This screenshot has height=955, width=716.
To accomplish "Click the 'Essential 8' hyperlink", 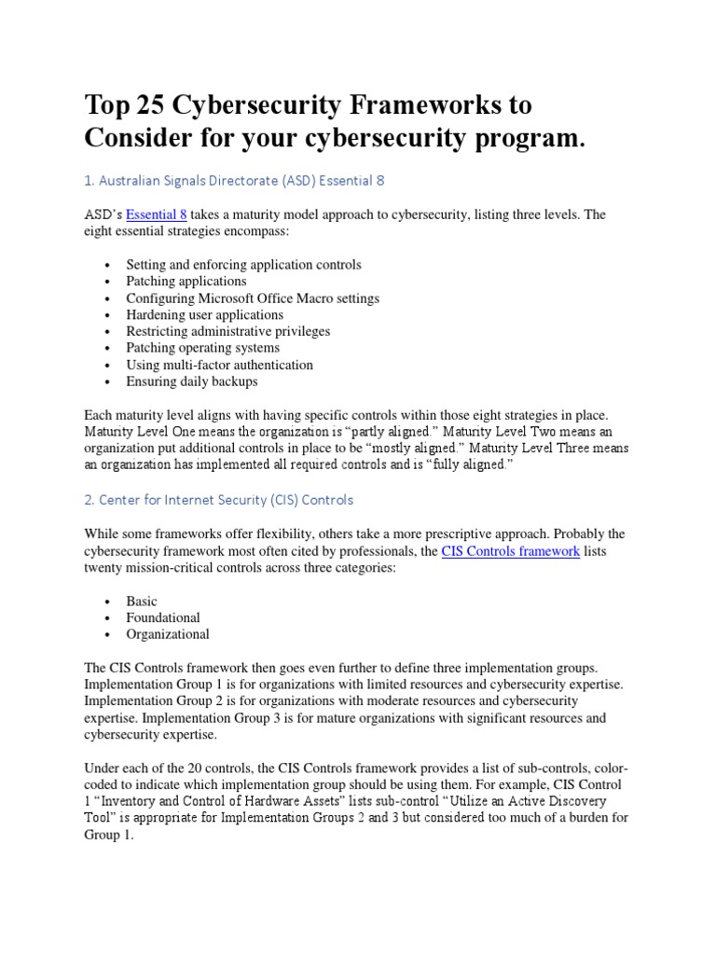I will (x=157, y=215).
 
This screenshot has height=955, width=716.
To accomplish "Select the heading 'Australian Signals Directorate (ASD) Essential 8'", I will (x=233, y=180).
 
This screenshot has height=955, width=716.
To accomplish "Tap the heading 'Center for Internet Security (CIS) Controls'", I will (x=219, y=499).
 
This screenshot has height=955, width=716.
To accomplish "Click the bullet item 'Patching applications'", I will (x=186, y=281).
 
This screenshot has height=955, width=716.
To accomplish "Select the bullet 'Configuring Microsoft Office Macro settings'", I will (x=253, y=298).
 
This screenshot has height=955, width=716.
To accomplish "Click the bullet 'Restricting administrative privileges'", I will (x=227, y=331).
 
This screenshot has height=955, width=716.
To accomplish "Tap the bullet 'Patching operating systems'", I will (x=202, y=348).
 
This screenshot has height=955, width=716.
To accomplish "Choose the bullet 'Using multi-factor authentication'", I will (x=219, y=365).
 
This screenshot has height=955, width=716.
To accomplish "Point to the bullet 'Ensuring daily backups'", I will (x=192, y=381).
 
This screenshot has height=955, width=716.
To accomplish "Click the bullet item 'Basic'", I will (x=142, y=602).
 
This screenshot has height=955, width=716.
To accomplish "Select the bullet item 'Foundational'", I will (x=163, y=618).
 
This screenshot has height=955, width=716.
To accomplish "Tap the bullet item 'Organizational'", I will (x=168, y=635).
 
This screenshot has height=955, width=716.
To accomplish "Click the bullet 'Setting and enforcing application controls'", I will (x=243, y=264).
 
